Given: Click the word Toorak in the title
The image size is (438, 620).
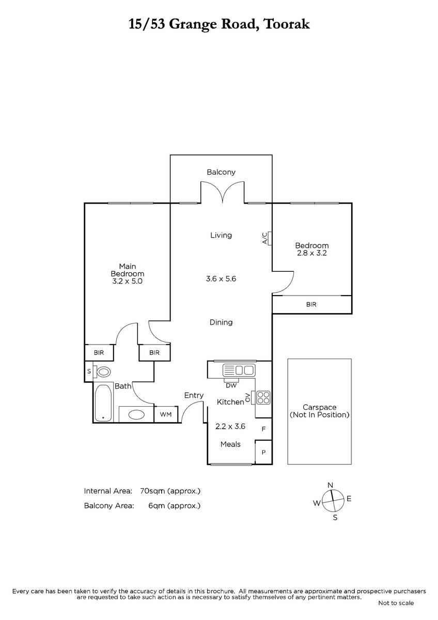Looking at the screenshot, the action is [x=287, y=24].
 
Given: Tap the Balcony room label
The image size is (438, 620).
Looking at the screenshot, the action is [x=221, y=172].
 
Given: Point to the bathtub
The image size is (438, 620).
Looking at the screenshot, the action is [x=103, y=403].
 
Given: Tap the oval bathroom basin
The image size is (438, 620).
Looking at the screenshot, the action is [x=136, y=414].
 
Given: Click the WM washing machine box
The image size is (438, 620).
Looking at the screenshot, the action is [x=166, y=414].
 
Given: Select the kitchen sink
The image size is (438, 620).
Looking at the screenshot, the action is [x=239, y=370].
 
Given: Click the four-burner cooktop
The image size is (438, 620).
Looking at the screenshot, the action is [x=263, y=398].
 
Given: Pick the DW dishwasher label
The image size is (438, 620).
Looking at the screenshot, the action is [x=231, y=385].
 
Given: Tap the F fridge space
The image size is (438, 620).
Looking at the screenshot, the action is [x=263, y=429].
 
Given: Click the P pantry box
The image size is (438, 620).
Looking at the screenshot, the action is [x=263, y=452].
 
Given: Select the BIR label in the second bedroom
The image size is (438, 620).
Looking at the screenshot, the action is [x=311, y=304].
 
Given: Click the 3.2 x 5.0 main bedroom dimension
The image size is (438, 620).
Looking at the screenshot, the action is [x=127, y=282].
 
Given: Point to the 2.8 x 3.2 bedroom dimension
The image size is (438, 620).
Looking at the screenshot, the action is [x=312, y=253].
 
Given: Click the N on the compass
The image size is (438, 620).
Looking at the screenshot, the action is [x=330, y=485].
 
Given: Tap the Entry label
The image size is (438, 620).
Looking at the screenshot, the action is [x=194, y=396].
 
